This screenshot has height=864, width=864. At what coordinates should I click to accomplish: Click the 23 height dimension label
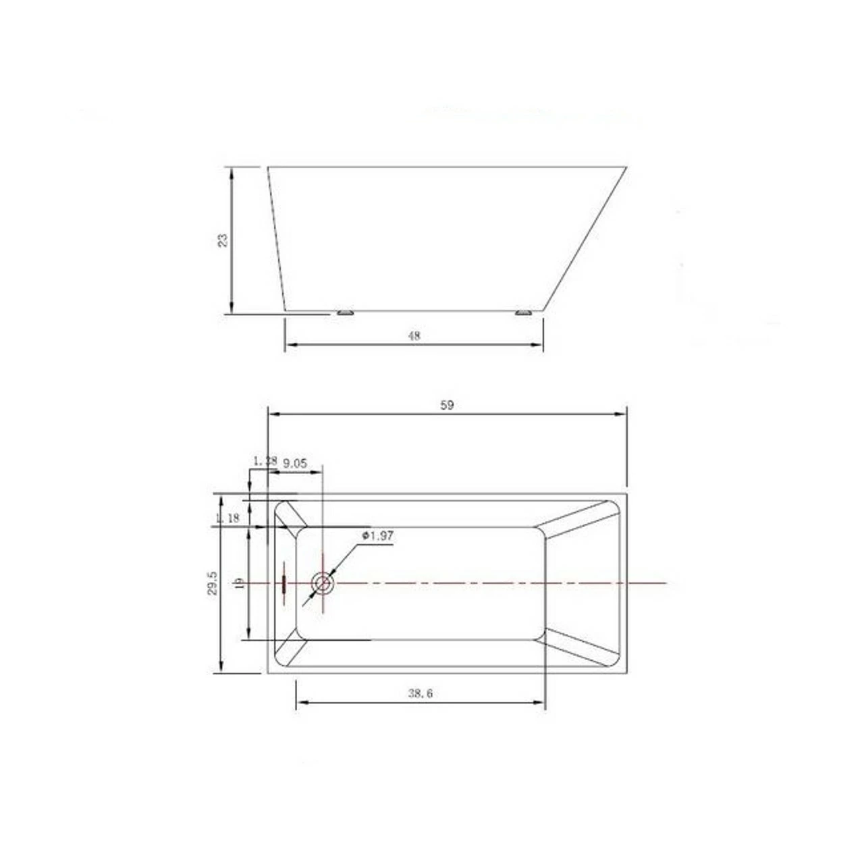coord(223,241)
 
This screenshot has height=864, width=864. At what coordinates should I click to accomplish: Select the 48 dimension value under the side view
coord(414,335)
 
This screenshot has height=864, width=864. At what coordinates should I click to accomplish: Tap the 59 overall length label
coord(447,405)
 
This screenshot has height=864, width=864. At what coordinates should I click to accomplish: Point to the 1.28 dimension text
coord(265,461)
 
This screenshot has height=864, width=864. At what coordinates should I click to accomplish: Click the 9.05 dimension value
coord(295,463)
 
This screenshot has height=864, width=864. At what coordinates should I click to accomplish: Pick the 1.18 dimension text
coord(227,518)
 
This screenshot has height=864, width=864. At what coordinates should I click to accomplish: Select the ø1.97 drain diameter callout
coord(378,535)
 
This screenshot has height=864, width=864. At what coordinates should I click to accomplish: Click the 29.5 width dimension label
coord(213,583)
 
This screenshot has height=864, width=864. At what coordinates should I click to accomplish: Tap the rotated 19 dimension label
coord(238,583)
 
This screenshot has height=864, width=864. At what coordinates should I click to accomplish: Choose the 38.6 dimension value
coord(420,693)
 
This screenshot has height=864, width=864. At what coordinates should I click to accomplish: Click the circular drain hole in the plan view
coord(322,583)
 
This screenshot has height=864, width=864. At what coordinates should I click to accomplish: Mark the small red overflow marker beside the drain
coord(284,583)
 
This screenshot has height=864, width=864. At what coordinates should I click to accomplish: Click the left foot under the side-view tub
coord(345,313)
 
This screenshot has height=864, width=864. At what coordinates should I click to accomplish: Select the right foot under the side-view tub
coord(523,313)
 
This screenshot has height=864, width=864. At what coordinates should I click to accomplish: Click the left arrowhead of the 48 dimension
coord(290,345)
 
